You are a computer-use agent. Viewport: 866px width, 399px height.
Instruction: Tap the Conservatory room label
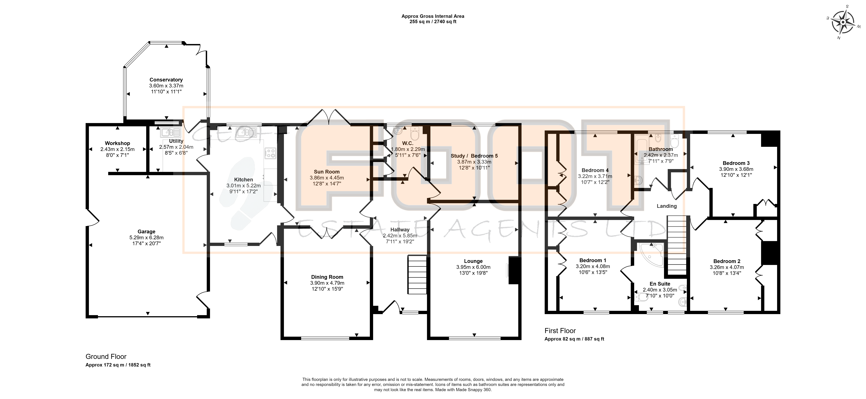click(166, 80)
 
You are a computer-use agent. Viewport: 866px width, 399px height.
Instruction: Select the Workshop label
click(117, 143)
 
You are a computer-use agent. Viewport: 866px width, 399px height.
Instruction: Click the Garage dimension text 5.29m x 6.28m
click(147, 237)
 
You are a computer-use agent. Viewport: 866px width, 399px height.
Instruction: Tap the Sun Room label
click(327, 172)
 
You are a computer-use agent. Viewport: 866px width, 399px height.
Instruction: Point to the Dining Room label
click(327, 277)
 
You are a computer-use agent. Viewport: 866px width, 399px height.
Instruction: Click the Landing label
click(667, 206)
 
